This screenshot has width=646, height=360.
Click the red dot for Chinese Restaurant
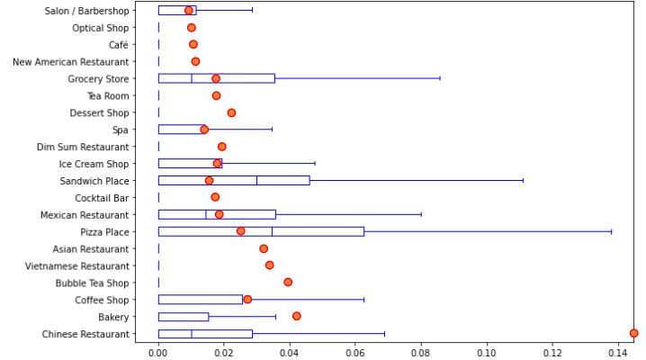[633, 333]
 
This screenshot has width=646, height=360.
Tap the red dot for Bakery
[296, 316]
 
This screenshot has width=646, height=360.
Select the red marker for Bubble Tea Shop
[288, 282]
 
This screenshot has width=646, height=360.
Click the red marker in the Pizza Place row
[240, 231]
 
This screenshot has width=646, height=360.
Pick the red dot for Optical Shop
[191, 28]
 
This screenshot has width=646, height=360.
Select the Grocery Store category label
[99, 78]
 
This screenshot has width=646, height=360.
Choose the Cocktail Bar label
[103, 198]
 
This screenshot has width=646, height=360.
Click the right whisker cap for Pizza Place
[612, 231]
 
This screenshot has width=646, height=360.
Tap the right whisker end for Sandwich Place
[523, 180]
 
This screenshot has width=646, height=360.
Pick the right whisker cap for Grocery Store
[440, 78]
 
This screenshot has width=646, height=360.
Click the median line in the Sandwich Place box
[256, 180]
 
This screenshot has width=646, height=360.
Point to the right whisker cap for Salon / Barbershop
[252, 10]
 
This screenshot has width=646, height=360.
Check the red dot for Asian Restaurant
[264, 248]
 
